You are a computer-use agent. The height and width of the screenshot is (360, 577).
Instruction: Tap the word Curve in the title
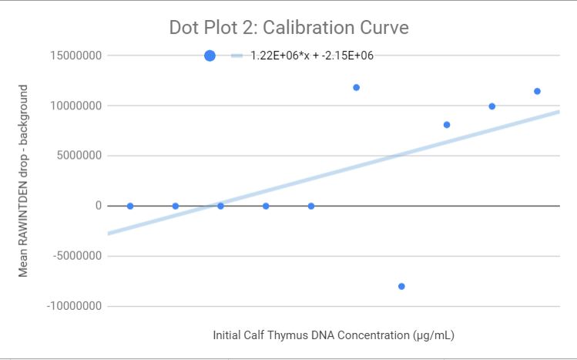383,27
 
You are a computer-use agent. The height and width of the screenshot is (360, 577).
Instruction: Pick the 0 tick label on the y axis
98,206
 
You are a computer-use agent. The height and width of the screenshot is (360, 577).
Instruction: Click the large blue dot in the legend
210,56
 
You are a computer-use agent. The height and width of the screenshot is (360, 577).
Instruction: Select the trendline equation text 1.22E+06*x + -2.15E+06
312,56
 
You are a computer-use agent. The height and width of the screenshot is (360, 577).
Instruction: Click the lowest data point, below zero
401,286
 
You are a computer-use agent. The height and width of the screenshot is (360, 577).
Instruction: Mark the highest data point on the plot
356,87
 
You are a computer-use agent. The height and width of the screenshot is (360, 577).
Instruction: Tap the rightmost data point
537,91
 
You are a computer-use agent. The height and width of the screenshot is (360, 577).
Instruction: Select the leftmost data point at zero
130,206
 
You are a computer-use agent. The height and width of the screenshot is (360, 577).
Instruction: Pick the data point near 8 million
447,124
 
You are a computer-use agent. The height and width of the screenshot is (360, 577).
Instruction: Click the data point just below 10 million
491,106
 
